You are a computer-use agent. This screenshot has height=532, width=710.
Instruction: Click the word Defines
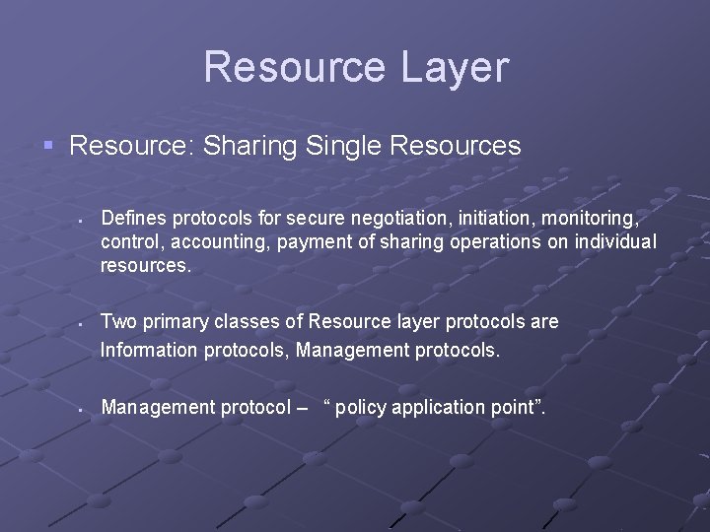pos(133,215)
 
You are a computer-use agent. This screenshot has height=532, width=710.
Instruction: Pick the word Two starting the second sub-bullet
pos(118,321)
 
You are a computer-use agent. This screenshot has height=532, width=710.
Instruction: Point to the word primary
pos(175,322)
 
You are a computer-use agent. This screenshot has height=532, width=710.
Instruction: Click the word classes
pos(249,321)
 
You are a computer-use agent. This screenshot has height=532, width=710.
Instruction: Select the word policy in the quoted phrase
pos(360,407)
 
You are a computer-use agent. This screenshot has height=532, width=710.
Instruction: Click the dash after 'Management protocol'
pos(301,407)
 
